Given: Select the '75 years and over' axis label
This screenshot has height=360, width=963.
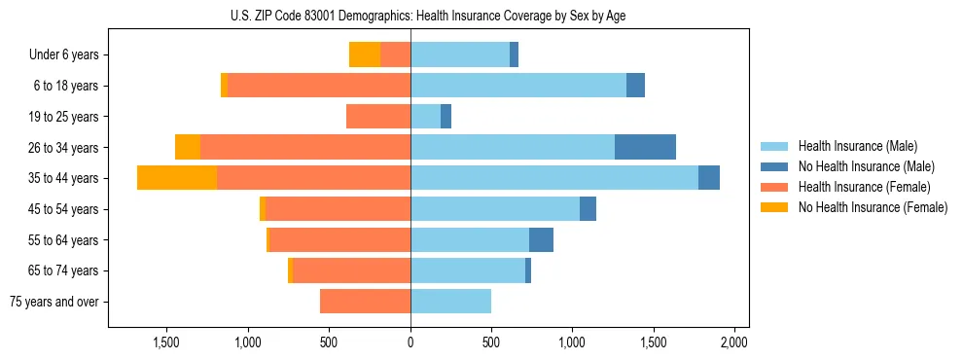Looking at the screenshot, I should pyautogui.click(x=54, y=302).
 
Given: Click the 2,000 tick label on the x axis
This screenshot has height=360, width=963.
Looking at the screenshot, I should pyautogui.click(x=733, y=342).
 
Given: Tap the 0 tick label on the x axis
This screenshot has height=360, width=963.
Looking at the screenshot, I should pyautogui.click(x=410, y=342).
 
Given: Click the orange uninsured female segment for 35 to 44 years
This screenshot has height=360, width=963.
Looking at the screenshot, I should pyautogui.click(x=177, y=178).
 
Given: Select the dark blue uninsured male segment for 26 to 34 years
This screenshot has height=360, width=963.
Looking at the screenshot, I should pyautogui.click(x=645, y=147).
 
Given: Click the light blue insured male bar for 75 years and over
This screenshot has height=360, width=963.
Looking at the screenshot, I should pyautogui.click(x=450, y=302).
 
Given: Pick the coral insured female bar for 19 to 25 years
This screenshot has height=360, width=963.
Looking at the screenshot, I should pyautogui.click(x=378, y=117).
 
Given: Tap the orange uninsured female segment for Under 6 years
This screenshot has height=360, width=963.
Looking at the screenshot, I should pyautogui.click(x=365, y=55).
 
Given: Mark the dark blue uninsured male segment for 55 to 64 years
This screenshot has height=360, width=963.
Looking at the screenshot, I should pyautogui.click(x=541, y=239).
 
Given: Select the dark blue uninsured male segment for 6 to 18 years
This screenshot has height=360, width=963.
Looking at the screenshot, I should pyautogui.click(x=635, y=86).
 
